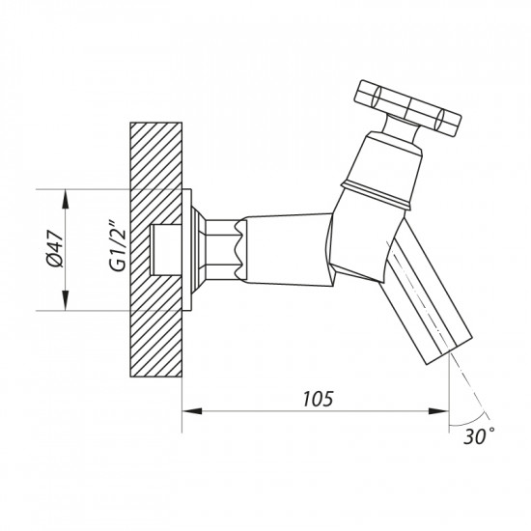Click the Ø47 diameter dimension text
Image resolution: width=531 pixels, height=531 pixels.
click(x=55, y=250)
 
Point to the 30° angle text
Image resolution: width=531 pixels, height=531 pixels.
click(x=480, y=435)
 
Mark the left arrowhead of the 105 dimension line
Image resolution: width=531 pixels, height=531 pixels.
click(x=189, y=412)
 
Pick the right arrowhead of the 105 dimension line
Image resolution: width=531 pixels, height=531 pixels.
click(x=443, y=412)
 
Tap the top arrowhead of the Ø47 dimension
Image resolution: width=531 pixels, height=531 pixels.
click(x=66, y=197)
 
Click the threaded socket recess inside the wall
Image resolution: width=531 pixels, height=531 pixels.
click(x=166, y=249)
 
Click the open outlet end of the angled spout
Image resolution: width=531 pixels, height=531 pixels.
click(x=455, y=349)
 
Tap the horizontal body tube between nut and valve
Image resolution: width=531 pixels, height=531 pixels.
click(x=285, y=249)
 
